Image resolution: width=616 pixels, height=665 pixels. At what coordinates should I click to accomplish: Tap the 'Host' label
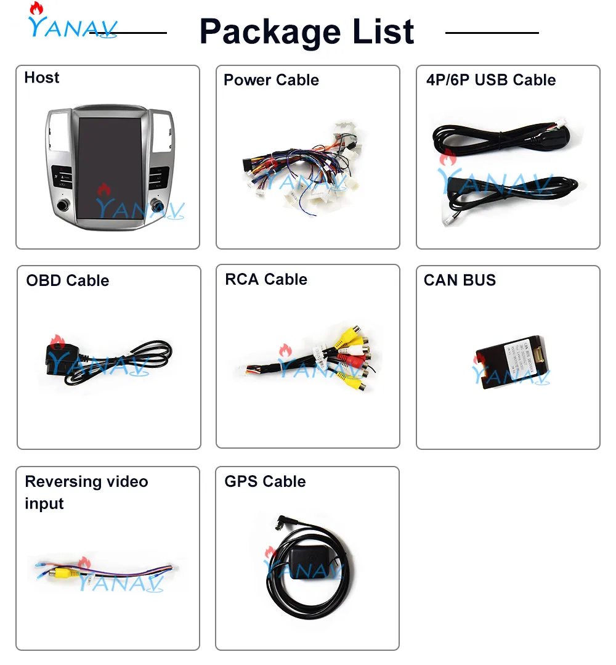(x=42, y=78)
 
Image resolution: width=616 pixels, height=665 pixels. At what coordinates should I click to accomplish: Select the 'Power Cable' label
(x=271, y=80)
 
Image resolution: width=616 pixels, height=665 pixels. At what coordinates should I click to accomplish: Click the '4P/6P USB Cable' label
(x=490, y=80)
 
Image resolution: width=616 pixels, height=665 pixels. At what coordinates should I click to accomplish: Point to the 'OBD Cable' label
(x=67, y=280)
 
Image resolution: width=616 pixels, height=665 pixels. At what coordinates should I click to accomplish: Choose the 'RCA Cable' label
(x=266, y=279)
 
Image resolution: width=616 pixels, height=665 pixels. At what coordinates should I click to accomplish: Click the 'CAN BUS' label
(x=460, y=280)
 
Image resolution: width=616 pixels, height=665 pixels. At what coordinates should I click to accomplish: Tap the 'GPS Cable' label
(x=265, y=481)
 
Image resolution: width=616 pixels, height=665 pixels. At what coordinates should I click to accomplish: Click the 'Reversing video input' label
(x=86, y=492)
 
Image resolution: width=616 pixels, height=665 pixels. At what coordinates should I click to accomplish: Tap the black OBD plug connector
(x=57, y=359)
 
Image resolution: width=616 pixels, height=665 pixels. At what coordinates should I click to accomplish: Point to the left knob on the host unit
(x=64, y=205)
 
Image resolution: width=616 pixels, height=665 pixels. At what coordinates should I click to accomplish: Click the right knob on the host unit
(x=160, y=205)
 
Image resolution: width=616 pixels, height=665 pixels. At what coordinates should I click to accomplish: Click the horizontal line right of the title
(x=492, y=32)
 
